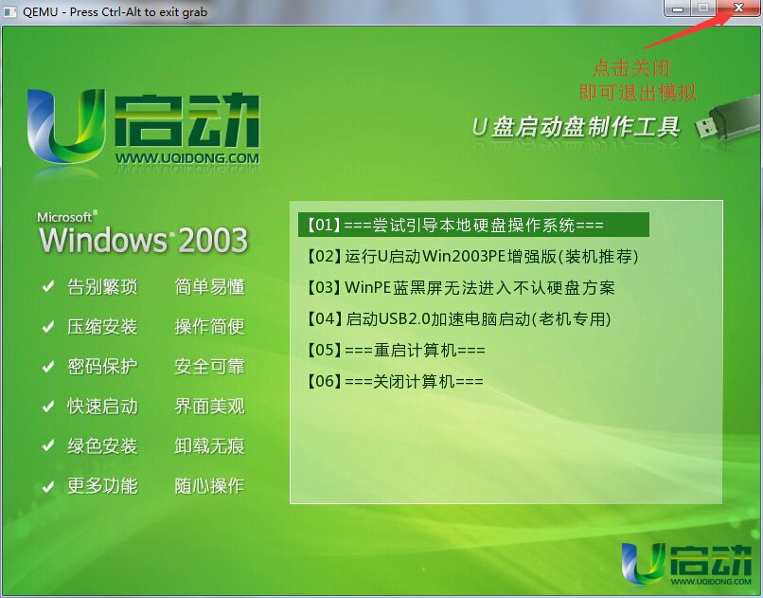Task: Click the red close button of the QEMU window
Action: click(x=739, y=8)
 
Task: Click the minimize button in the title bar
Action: click(x=678, y=9)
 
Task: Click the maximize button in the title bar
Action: click(x=703, y=9)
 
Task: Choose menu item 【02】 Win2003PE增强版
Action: click(x=472, y=256)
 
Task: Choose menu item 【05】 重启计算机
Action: click(x=396, y=350)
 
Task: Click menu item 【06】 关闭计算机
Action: click(x=395, y=381)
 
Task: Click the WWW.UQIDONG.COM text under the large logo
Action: click(x=187, y=158)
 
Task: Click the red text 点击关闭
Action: click(x=631, y=68)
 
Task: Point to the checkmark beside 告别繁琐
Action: click(x=47, y=286)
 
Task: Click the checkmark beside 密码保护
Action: click(x=47, y=366)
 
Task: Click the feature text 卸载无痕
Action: click(x=210, y=446)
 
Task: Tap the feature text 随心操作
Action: click(x=210, y=486)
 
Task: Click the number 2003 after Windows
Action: click(x=214, y=240)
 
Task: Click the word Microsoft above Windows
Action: click(x=66, y=217)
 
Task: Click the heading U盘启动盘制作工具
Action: click(x=576, y=127)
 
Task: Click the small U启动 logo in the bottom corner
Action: click(x=686, y=565)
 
